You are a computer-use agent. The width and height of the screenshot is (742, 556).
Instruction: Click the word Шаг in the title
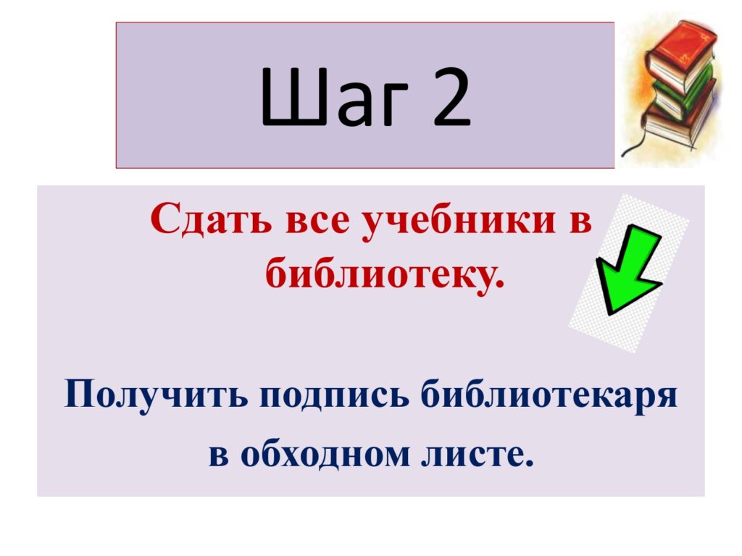coord(334,97)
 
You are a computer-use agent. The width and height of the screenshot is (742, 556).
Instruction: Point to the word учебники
coord(458,220)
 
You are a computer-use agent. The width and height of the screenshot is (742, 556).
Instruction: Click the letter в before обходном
coord(219,456)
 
